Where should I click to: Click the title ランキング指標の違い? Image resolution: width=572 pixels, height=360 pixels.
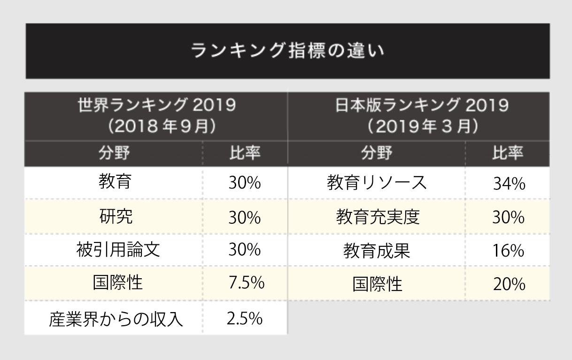287,51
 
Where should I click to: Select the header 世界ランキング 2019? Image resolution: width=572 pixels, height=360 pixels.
156,106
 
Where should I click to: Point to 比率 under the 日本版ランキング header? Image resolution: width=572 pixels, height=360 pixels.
508,153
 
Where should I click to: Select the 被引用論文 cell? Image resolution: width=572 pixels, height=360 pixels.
118,250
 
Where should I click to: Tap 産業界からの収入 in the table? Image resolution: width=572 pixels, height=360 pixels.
116,320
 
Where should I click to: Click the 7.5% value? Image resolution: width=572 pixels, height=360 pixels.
245,283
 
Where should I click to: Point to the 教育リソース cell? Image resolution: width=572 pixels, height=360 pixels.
377,183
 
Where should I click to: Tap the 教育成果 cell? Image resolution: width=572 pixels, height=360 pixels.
377,251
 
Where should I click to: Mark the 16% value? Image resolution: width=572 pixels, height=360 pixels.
508,251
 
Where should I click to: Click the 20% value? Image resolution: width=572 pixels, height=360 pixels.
509,284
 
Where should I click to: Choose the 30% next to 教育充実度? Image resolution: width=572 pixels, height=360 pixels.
508,217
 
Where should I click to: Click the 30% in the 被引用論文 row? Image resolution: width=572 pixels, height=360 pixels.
244,250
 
